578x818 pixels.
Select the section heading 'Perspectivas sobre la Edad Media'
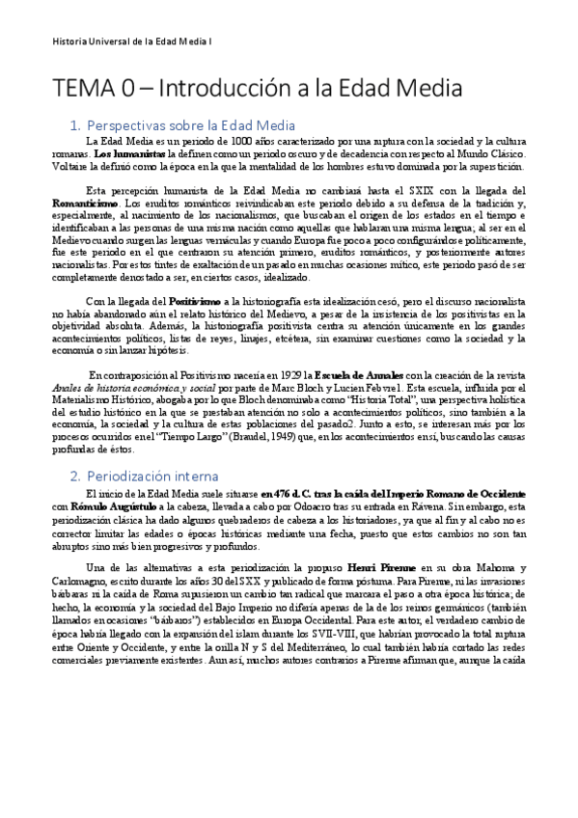[x=190, y=125]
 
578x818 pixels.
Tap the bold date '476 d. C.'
[x=283, y=495]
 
